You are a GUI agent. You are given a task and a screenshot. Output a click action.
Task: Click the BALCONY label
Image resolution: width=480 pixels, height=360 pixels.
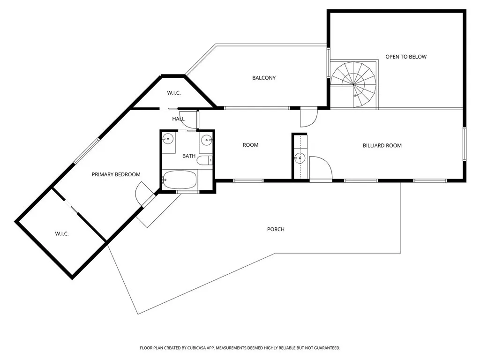pos(264,78)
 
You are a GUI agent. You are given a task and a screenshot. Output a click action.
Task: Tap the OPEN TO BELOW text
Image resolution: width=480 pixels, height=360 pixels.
pos(406,57)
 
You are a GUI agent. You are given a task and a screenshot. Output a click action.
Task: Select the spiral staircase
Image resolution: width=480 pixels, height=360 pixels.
pos(354,84)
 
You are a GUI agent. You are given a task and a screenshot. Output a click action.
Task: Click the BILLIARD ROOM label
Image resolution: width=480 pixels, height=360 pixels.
pos(382,145)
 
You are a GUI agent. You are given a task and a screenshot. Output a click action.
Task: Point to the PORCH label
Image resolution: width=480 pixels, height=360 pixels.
pos(276,229)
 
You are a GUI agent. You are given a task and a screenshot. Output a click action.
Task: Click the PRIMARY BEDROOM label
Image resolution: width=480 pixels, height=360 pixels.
pos(116,174)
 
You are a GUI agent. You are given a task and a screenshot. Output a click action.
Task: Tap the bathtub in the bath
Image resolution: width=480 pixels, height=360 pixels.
pos(180,180)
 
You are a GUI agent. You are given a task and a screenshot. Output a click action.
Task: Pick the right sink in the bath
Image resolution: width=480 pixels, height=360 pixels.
pos(206,139)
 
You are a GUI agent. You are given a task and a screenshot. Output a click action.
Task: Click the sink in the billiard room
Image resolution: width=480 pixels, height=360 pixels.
pos(300,158)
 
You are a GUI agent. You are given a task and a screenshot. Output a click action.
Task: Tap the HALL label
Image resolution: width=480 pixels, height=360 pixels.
pos(178,119)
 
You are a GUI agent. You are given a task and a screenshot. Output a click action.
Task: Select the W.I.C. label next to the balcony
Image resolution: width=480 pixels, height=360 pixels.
pos(174,93)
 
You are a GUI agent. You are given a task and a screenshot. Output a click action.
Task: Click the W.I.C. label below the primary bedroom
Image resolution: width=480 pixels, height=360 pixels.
pos(62,233)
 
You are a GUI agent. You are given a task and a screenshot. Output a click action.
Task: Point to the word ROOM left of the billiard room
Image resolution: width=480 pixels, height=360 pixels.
pos(250,145)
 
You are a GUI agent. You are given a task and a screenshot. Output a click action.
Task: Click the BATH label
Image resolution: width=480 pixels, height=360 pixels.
pos(189,156)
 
